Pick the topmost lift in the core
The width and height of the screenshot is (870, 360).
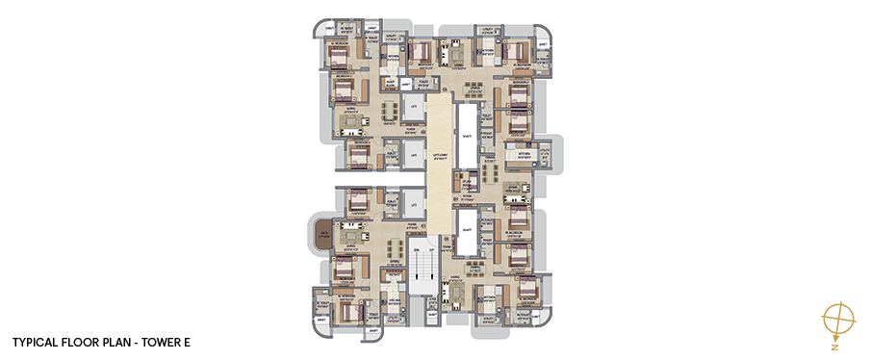tap(414, 106)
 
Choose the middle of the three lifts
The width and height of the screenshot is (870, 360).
tap(414, 155)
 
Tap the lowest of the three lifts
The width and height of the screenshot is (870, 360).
tap(414, 204)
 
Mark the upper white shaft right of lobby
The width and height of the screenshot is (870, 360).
tap(466, 132)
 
